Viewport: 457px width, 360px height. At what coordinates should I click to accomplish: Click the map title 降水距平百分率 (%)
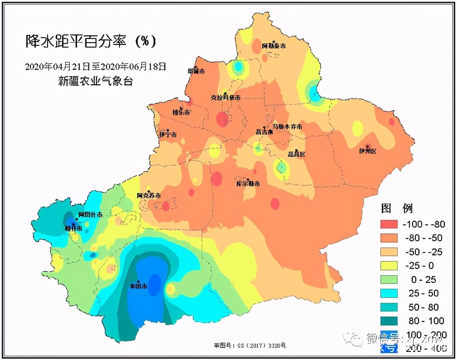[x=91, y=41]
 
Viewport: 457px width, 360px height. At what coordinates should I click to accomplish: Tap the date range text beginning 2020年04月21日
[x=95, y=66]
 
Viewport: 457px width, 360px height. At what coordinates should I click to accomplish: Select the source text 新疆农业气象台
[x=95, y=81]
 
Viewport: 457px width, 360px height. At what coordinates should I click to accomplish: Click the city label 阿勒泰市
[x=274, y=46]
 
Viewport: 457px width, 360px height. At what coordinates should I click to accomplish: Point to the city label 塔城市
[x=196, y=71]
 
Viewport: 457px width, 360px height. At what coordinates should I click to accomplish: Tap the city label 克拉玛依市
[x=226, y=97]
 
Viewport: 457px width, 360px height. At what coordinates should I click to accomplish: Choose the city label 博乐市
[x=181, y=112]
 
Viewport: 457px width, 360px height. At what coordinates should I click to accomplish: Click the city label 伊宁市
[x=168, y=135]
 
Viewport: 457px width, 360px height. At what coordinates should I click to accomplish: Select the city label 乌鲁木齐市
[x=287, y=126]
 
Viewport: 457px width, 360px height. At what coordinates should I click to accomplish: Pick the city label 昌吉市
[x=264, y=132]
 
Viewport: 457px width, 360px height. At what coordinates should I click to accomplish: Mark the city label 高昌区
[x=297, y=154]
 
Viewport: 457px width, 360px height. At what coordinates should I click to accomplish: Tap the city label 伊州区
[x=368, y=151]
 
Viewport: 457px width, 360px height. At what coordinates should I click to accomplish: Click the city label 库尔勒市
[x=248, y=184]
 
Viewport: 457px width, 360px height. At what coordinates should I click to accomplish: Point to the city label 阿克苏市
[x=149, y=195]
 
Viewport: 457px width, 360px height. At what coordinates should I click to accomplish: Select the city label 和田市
[x=139, y=286]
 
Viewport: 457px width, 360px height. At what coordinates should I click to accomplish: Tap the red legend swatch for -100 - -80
[x=389, y=224]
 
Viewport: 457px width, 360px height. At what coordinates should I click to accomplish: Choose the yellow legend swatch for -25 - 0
[x=389, y=266]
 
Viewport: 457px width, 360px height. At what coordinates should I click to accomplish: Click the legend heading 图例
[x=397, y=208]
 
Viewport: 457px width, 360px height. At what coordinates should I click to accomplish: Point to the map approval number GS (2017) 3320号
[x=250, y=345]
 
